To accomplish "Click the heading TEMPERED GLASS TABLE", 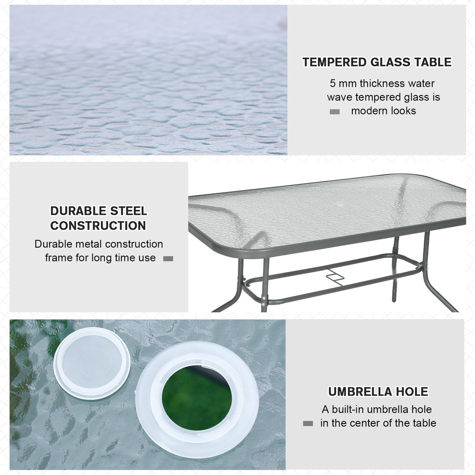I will [x=377, y=62].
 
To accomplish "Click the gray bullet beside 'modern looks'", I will [x=335, y=112].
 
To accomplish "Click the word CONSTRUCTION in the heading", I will [x=98, y=226].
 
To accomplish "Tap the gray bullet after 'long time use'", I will [x=168, y=259].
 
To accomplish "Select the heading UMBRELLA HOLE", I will [x=378, y=391].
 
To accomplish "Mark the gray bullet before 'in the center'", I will [x=308, y=424].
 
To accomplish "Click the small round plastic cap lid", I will [x=91, y=363].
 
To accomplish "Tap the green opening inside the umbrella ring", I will [x=197, y=398].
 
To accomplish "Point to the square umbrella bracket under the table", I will [x=335, y=278].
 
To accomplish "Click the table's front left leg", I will [x=264, y=286].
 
